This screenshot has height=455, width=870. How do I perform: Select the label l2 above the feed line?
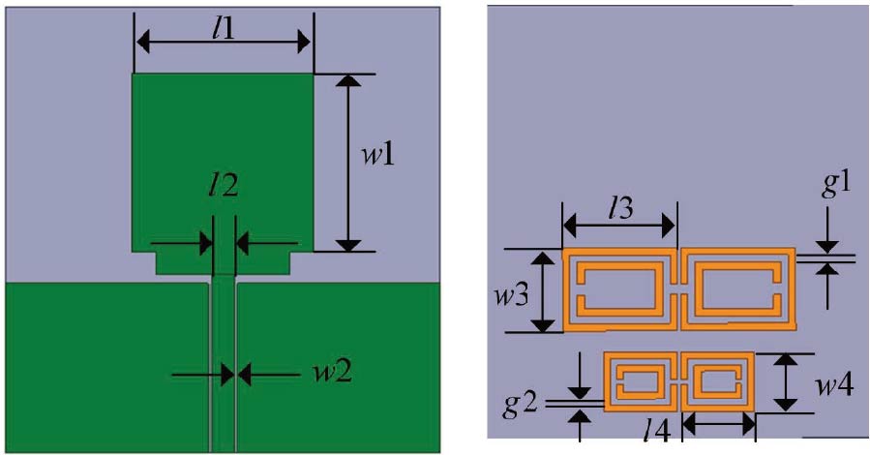click(223, 206)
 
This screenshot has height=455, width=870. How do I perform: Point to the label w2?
click(304, 372)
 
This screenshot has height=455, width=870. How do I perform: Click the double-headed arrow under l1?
click(223, 42)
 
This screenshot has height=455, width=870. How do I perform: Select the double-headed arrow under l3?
click(618, 227)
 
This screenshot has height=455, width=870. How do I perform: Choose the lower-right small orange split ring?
click(718, 381)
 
